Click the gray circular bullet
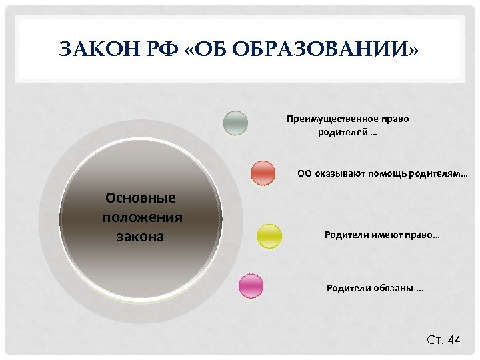(235, 123)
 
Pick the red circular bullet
(263, 173)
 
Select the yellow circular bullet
(269, 236)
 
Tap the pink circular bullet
(251, 286)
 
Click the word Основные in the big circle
(141, 198)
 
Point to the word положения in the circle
(143, 217)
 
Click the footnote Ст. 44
(443, 340)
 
